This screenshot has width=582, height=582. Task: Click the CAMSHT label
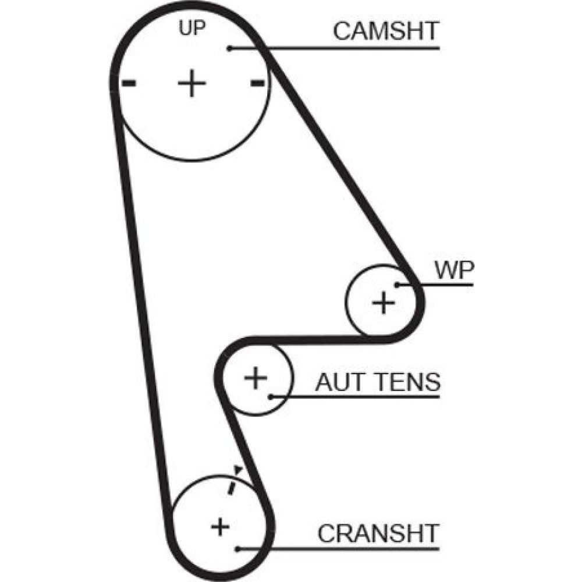(x=386, y=31)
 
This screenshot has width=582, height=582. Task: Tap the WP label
(x=455, y=271)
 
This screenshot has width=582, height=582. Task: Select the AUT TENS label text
(x=378, y=382)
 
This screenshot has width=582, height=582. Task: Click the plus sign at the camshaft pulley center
(x=191, y=84)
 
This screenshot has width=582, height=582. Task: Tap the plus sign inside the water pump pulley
(x=383, y=302)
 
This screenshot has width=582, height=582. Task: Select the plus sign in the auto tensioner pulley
(x=255, y=378)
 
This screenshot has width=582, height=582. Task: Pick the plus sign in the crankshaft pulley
(x=219, y=527)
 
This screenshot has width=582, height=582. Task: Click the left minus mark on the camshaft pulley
(x=129, y=83)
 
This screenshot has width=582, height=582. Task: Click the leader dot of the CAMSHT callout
(x=230, y=48)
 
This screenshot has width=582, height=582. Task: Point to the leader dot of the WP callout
(x=398, y=285)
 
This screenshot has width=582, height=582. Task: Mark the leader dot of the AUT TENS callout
(x=271, y=398)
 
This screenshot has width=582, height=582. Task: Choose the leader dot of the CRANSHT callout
(x=239, y=548)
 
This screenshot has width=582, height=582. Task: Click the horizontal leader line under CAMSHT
(x=349, y=48)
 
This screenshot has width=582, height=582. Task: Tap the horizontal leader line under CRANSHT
(x=349, y=548)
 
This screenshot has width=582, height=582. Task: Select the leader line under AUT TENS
(x=361, y=398)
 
